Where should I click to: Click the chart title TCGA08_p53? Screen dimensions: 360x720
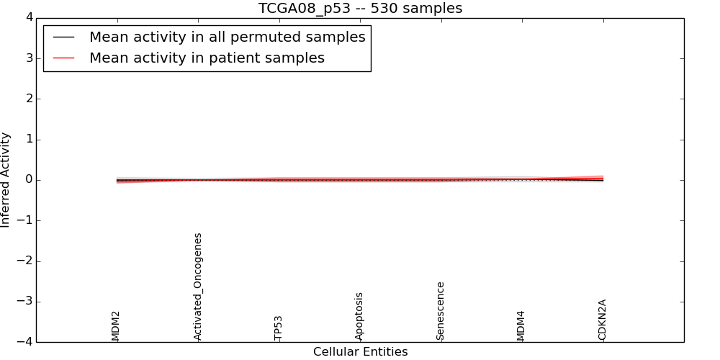(x=360, y=9)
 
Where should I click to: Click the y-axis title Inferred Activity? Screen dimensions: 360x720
(x=6, y=180)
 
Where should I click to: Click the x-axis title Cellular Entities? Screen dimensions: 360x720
(x=360, y=352)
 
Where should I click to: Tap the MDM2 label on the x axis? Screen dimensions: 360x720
(x=116, y=325)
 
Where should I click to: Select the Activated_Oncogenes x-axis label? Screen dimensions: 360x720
(x=198, y=287)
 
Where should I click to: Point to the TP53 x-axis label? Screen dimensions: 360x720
(x=279, y=328)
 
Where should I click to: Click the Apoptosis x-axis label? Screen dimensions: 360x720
(x=359, y=316)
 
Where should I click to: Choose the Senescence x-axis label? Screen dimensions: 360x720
(x=441, y=311)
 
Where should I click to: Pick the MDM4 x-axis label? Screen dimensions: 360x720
(x=521, y=325)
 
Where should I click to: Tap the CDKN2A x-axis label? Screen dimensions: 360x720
(x=603, y=320)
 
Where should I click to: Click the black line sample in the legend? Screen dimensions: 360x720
(x=64, y=37)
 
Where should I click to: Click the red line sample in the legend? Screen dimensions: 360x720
(x=64, y=58)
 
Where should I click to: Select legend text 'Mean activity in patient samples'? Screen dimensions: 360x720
(x=207, y=58)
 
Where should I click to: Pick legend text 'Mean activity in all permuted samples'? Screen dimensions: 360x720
(x=227, y=37)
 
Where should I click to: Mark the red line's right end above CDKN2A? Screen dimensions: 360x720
(x=603, y=177)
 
